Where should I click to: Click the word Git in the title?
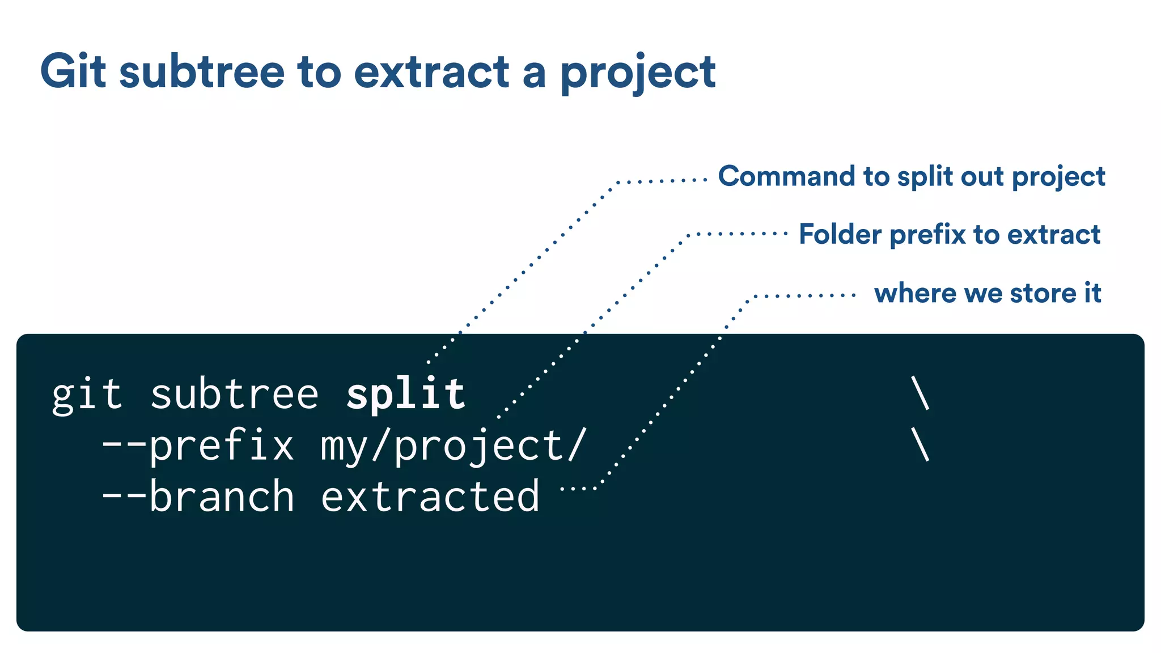point(73,71)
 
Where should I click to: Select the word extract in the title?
point(431,73)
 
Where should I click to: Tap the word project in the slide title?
point(638,74)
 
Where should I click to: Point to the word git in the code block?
point(87,395)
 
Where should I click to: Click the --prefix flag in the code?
point(198,446)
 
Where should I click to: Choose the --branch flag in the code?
point(198,496)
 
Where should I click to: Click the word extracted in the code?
point(430,496)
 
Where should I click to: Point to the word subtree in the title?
point(202,71)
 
